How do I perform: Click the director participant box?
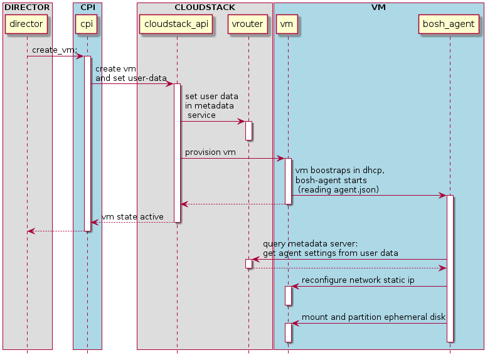(x=27, y=24)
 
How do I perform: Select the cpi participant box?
(x=87, y=24)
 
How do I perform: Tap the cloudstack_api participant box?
(x=176, y=24)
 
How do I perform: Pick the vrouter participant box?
(x=248, y=24)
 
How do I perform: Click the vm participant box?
(x=287, y=24)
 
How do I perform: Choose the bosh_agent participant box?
(x=449, y=24)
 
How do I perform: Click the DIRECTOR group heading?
(x=27, y=8)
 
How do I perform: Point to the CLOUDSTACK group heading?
(x=205, y=8)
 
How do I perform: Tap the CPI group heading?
(x=87, y=8)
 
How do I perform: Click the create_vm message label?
(x=54, y=50)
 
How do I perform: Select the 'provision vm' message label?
(x=210, y=152)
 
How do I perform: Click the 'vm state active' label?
(x=132, y=216)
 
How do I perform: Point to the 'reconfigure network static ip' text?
(x=358, y=280)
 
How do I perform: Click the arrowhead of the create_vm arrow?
(x=80, y=56)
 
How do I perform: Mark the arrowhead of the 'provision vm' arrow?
(x=281, y=159)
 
